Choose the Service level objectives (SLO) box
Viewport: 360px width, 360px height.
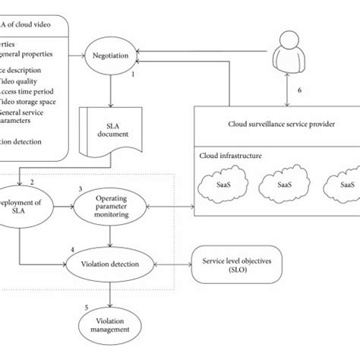242,265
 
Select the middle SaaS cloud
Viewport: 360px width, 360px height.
285,185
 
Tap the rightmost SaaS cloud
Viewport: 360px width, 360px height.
343,185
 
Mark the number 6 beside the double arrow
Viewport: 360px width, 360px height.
298,89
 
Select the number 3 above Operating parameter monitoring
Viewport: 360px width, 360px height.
81,188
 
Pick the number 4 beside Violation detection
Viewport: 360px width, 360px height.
71,248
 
